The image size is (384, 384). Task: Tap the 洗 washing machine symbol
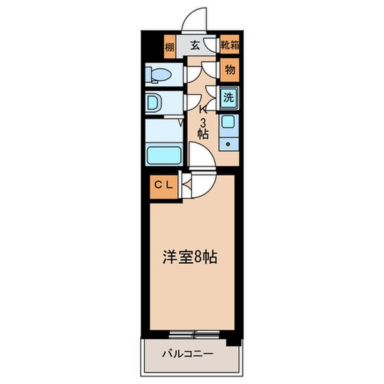(x=228, y=99)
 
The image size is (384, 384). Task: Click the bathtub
(x=163, y=154)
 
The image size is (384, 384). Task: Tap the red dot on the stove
(x=228, y=144)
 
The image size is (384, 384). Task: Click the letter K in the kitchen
(x=203, y=109)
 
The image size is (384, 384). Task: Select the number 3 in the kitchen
(x=203, y=122)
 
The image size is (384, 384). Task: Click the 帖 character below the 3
(x=203, y=134)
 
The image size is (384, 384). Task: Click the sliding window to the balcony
(x=194, y=333)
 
